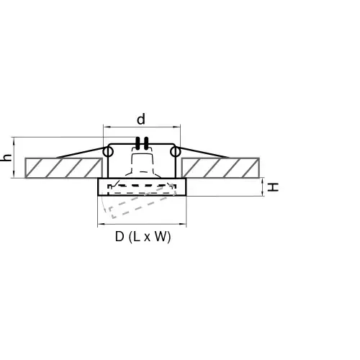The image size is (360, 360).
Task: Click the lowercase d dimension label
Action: pyautogui.click(x=141, y=119)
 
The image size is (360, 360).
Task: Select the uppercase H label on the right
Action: pyautogui.click(x=273, y=187)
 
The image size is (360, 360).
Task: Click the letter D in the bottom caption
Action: pyautogui.click(x=120, y=237)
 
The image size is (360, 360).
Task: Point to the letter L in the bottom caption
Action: pyautogui.click(x=136, y=237)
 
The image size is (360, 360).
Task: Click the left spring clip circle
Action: pyautogui.click(x=108, y=152)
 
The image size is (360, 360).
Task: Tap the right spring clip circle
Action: pyautogui.click(x=175, y=152)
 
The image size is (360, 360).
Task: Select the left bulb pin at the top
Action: pyautogui.click(x=138, y=143)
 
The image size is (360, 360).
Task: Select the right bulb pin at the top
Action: pyautogui.click(x=145, y=143)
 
